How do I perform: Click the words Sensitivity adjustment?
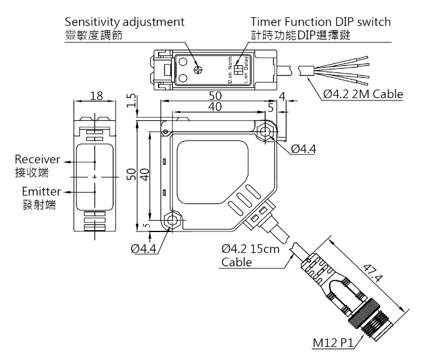pyautogui.click(x=125, y=22)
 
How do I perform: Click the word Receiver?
pyautogui.click(x=38, y=160)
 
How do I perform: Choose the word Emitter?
pyautogui.click(x=39, y=192)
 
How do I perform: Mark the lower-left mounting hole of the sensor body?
pyautogui.click(x=172, y=221)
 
